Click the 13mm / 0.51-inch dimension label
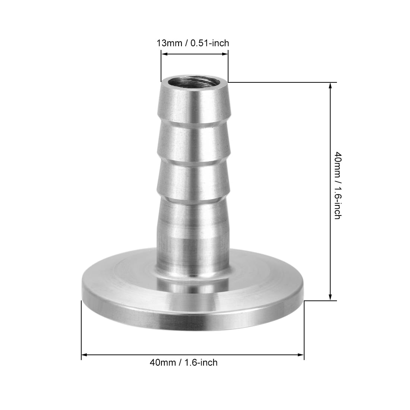pyautogui.click(x=193, y=43)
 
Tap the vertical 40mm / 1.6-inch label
pyautogui.click(x=337, y=185)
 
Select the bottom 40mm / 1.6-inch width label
pyautogui.click(x=183, y=362)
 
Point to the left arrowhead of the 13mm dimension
pyautogui.click(x=163, y=54)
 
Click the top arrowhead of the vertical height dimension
pyautogui.click(x=330, y=85)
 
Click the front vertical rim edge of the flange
pyautogui.click(x=193, y=319)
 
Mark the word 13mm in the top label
pyautogui.click(x=169, y=43)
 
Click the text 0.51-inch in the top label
pyautogui.click(x=210, y=43)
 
